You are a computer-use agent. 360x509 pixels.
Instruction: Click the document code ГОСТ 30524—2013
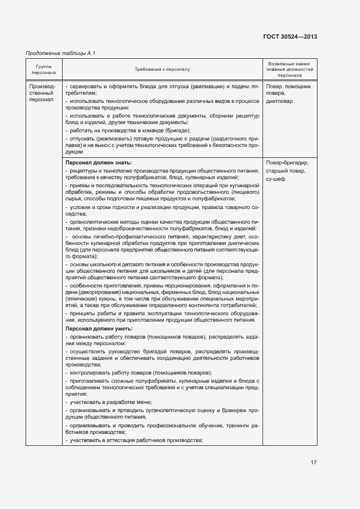(290, 37)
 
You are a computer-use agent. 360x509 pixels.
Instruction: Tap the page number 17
(313, 463)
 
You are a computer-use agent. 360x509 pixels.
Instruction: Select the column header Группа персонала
(44, 70)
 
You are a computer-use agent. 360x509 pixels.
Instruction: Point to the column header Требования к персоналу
(162, 70)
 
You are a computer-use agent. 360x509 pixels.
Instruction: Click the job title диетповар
(279, 101)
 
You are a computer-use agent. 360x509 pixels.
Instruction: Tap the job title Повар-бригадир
(288, 163)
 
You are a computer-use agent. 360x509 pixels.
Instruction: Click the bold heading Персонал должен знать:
(99, 163)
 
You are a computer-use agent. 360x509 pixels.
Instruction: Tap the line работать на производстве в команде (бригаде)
(128, 131)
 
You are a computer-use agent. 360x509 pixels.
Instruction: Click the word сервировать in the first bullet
(86, 86)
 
